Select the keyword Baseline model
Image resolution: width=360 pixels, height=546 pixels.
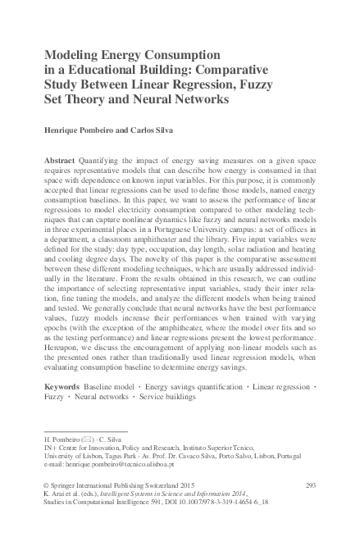109,384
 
